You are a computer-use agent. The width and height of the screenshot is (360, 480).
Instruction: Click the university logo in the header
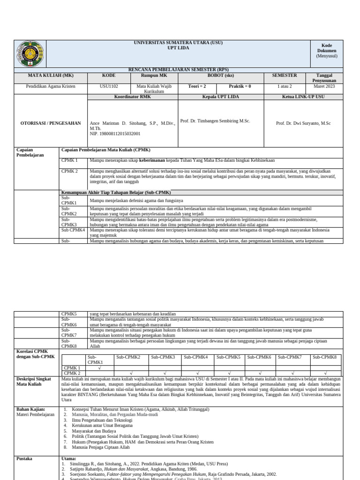click(30, 53)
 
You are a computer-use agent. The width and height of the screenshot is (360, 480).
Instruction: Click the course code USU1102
click(109, 87)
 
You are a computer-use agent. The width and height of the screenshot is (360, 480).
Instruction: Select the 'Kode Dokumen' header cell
click(326, 51)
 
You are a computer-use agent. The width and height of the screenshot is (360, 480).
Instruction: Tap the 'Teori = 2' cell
click(197, 87)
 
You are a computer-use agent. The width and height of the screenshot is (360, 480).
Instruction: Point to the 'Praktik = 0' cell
click(240, 87)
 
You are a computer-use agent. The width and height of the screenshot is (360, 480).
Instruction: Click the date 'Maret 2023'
click(324, 87)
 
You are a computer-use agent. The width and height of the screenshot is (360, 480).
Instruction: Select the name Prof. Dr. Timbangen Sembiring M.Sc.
click(215, 121)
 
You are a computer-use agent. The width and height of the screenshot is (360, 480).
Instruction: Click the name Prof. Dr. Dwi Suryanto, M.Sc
click(303, 123)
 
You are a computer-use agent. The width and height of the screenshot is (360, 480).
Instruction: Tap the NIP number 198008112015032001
click(115, 134)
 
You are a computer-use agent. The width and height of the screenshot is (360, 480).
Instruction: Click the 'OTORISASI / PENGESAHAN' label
click(51, 123)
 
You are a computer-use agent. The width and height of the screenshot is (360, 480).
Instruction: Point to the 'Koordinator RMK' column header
click(133, 97)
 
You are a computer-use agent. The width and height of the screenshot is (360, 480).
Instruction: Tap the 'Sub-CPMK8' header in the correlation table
click(324, 357)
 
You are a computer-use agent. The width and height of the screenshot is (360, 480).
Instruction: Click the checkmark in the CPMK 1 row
click(99, 368)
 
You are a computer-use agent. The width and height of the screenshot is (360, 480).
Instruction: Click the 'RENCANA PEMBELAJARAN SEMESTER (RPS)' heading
click(178, 69)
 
